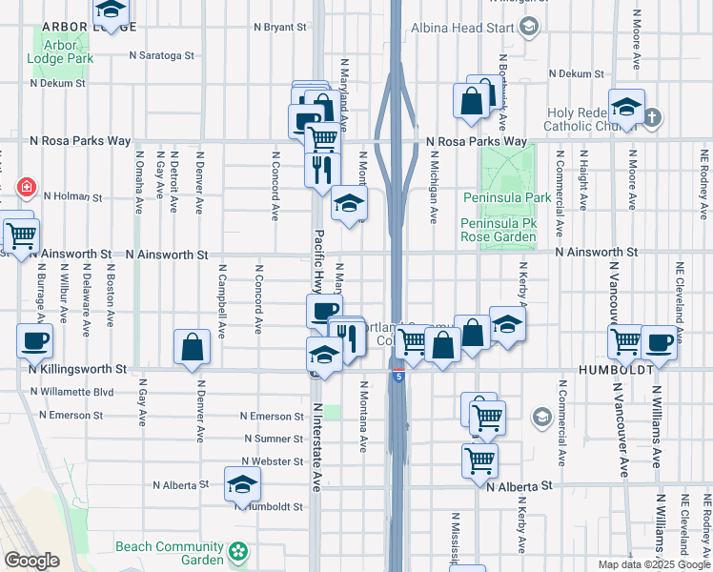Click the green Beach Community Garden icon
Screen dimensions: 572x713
point(238,552)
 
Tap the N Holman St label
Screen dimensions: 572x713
point(71,197)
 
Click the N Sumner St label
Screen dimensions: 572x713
point(273,439)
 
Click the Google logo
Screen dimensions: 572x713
point(32,561)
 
